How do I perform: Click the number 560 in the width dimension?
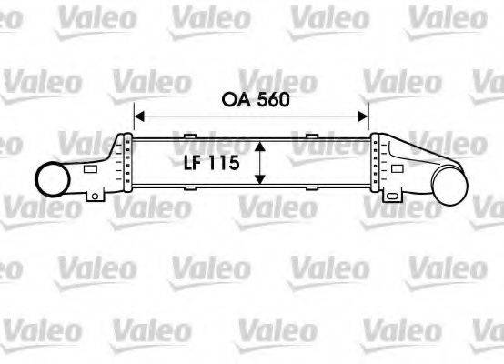click(x=271, y=100)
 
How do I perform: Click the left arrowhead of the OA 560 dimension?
click(x=138, y=116)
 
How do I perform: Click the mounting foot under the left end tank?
click(x=94, y=196)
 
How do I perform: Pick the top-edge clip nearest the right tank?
click(x=312, y=136)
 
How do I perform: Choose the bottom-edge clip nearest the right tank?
click(x=312, y=189)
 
